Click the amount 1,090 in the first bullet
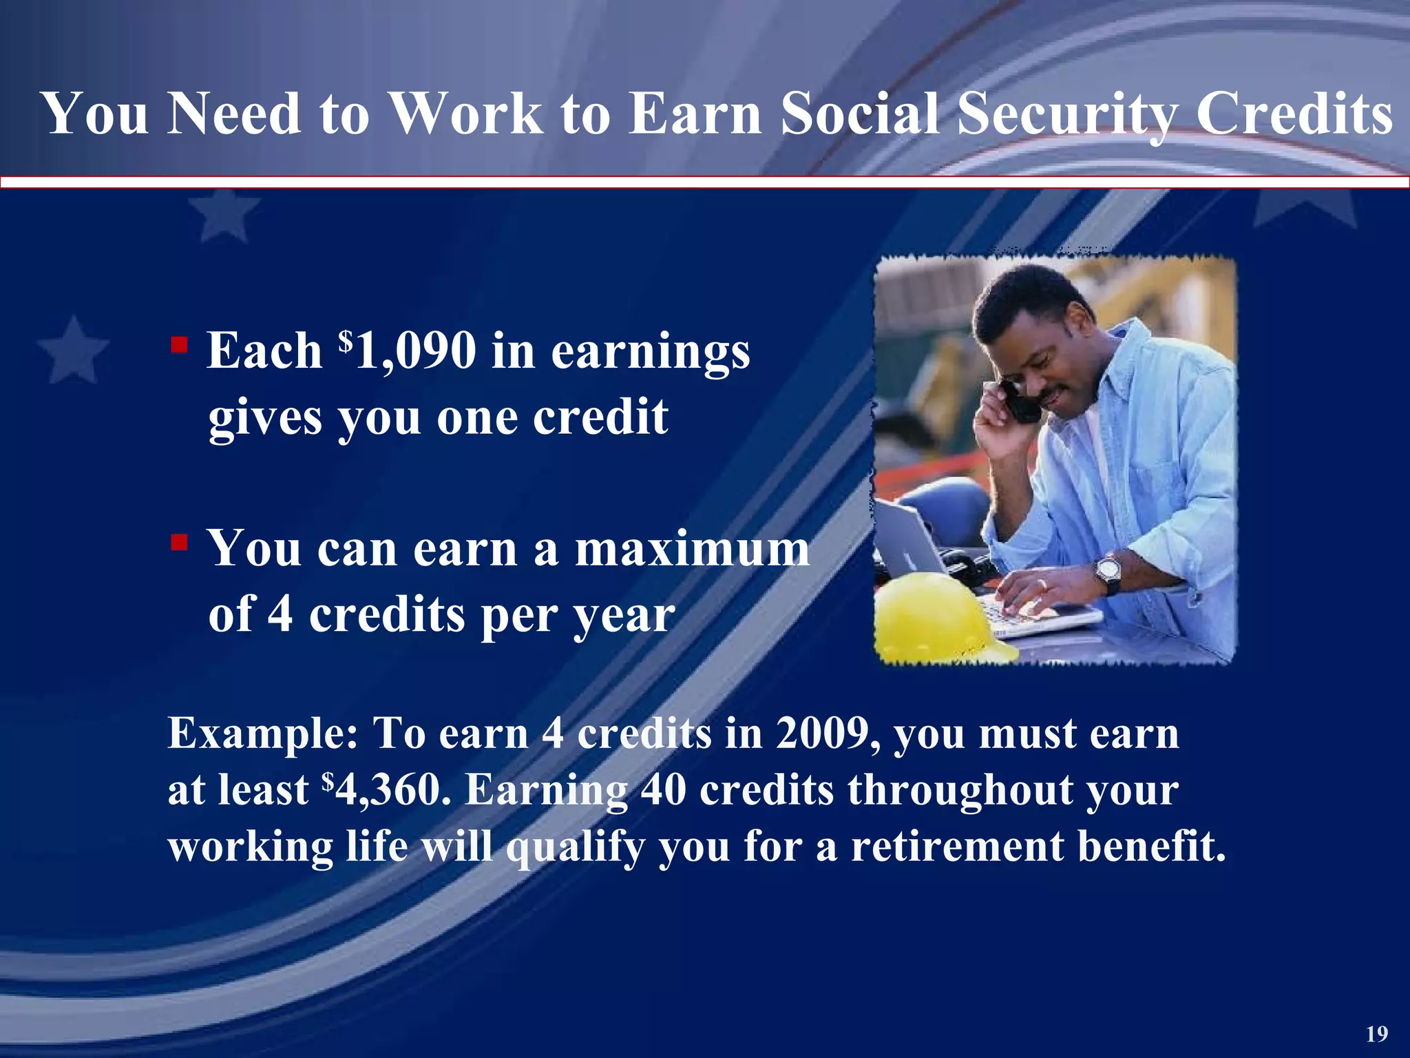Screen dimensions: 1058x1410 pos(416,351)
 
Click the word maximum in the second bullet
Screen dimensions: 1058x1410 pos(692,550)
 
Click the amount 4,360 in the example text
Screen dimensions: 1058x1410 pos(389,790)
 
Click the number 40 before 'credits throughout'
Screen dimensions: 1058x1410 pos(664,790)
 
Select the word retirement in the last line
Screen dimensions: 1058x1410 pos(958,846)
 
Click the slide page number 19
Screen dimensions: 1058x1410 pos(1377,1034)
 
